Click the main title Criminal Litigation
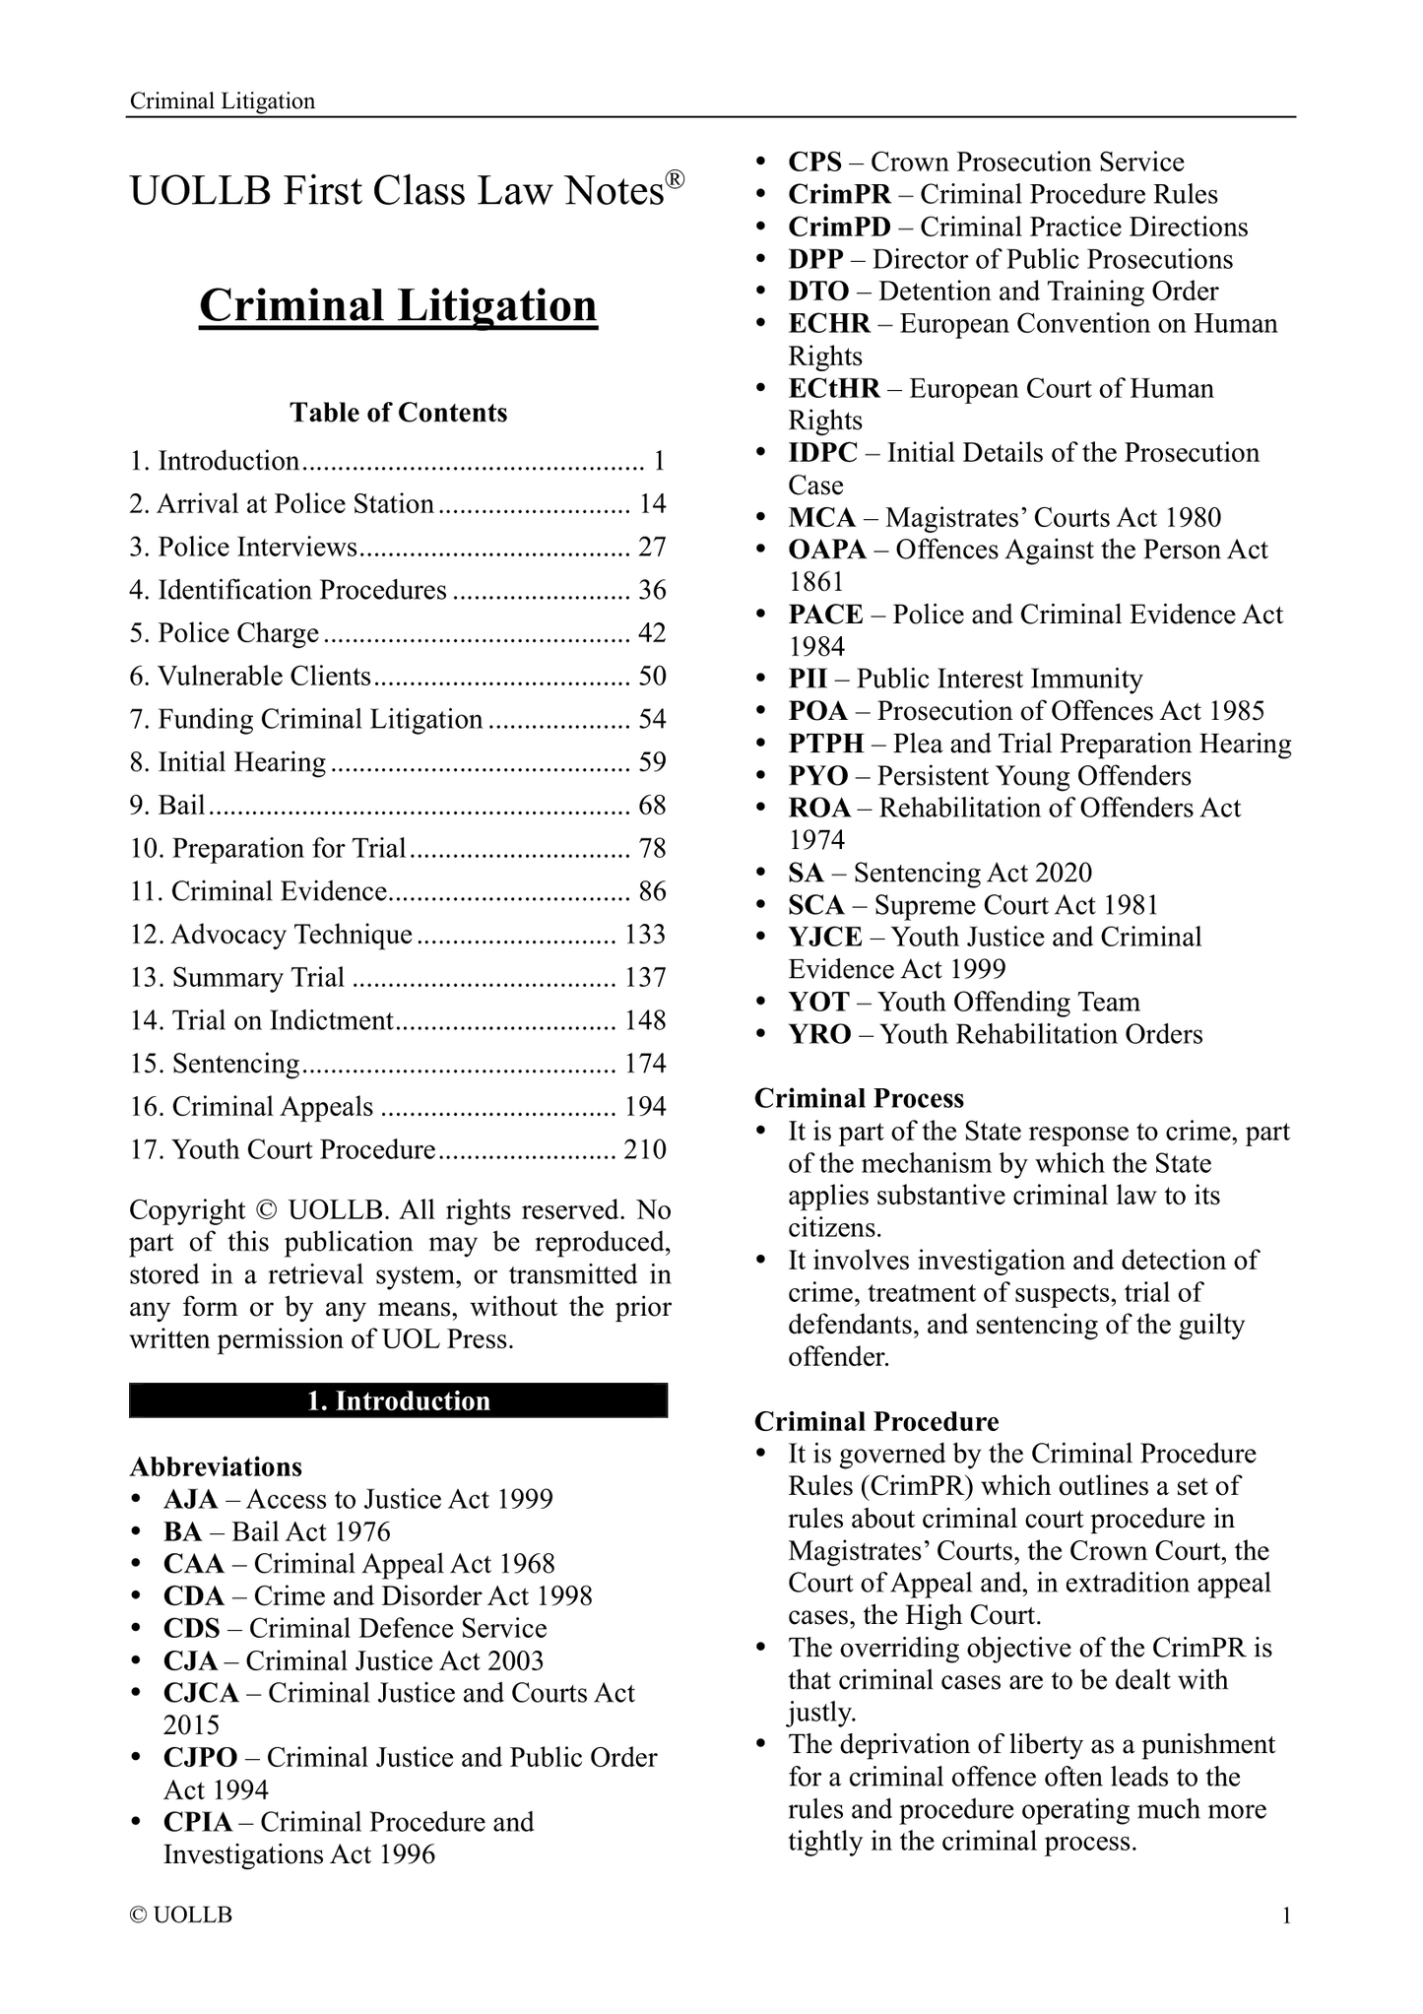(398, 306)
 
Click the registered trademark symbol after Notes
(674, 178)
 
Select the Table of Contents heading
(398, 413)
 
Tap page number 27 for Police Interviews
(652, 548)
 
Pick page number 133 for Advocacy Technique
(645, 935)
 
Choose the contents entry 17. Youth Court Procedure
(282, 1150)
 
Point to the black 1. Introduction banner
(398, 1401)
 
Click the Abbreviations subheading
(216, 1467)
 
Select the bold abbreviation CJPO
(201, 1758)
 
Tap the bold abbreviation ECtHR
(834, 389)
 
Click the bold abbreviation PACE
(825, 615)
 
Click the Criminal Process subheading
(859, 1099)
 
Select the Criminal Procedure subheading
(876, 1422)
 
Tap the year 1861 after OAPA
(816, 582)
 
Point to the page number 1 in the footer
(1285, 1917)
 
